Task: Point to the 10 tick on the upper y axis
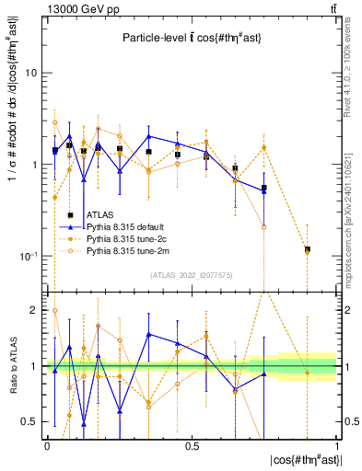point(31,73)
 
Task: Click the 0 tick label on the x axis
point(47,446)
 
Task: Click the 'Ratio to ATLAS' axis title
point(12,366)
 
